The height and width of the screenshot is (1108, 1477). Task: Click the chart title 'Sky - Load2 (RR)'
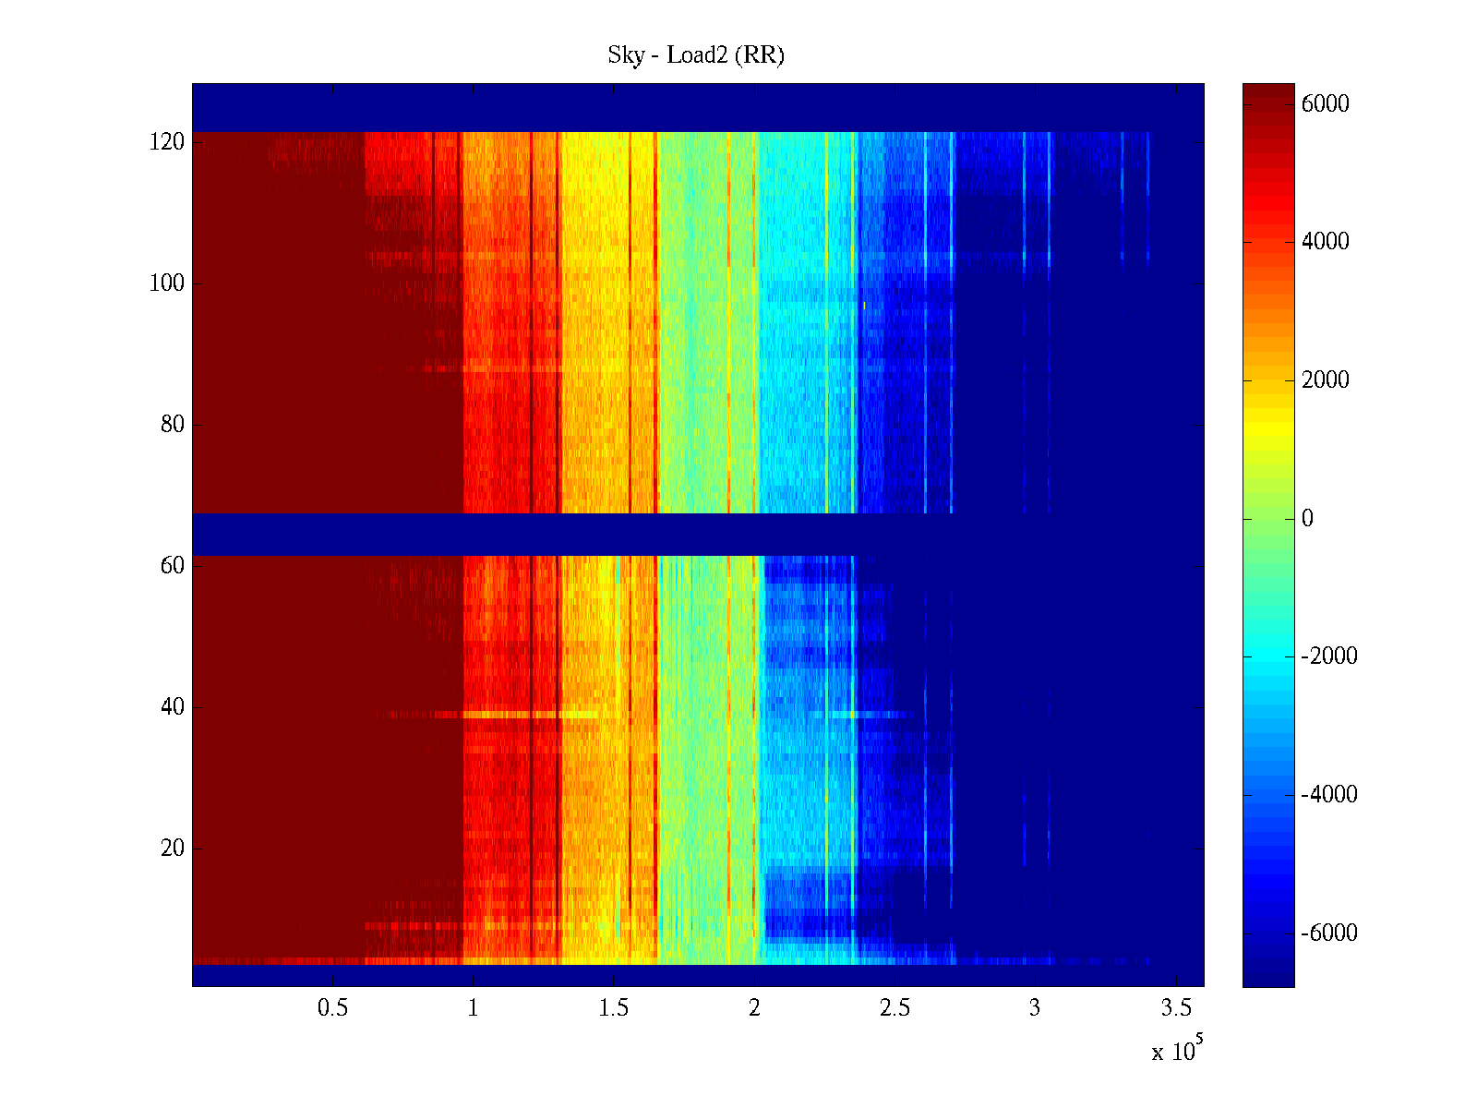point(696,55)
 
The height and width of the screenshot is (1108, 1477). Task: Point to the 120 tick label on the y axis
point(167,142)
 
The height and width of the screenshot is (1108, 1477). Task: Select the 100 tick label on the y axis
point(167,283)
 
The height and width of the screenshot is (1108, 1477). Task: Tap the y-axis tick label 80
point(173,425)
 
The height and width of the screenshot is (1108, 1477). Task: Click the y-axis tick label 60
point(173,566)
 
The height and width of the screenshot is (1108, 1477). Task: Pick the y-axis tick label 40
point(173,707)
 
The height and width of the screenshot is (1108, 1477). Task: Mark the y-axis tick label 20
point(173,849)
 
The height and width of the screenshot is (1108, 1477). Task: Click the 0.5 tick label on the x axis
point(332,1008)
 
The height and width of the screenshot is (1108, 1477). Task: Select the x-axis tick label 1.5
point(614,1008)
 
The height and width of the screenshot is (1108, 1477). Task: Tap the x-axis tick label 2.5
point(895,1008)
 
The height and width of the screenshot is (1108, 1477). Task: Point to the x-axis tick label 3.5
point(1176,1008)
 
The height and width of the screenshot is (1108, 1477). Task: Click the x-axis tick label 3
point(1035,1008)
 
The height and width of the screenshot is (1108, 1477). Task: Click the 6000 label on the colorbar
point(1326,104)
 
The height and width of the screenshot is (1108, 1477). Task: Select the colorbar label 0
point(1307,519)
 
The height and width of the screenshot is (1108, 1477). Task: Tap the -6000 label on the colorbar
point(1329,933)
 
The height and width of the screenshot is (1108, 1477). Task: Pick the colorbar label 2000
point(1326,380)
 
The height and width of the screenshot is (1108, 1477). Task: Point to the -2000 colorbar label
point(1329,656)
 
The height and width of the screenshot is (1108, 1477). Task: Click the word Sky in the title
point(625,55)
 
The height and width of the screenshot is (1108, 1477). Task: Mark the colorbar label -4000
point(1329,795)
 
